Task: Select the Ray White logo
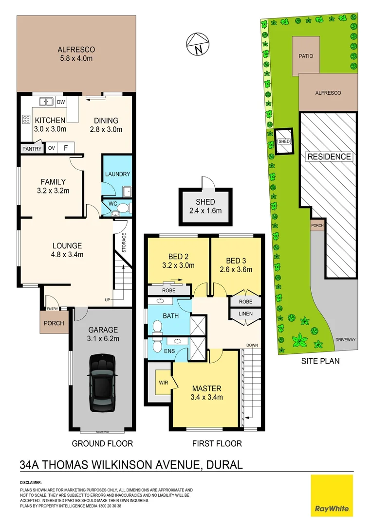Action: (x=332, y=495)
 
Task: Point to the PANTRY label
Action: (x=30, y=148)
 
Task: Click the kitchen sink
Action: (x=46, y=102)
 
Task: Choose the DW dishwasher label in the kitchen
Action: (x=61, y=102)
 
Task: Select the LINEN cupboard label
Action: (x=246, y=314)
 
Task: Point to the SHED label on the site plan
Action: (x=283, y=141)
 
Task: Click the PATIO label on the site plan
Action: (x=306, y=56)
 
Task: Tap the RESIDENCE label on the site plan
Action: (x=329, y=157)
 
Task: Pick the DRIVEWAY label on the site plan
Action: (x=344, y=340)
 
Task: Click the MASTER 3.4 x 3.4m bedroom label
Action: (x=206, y=393)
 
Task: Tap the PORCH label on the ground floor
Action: (x=54, y=323)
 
